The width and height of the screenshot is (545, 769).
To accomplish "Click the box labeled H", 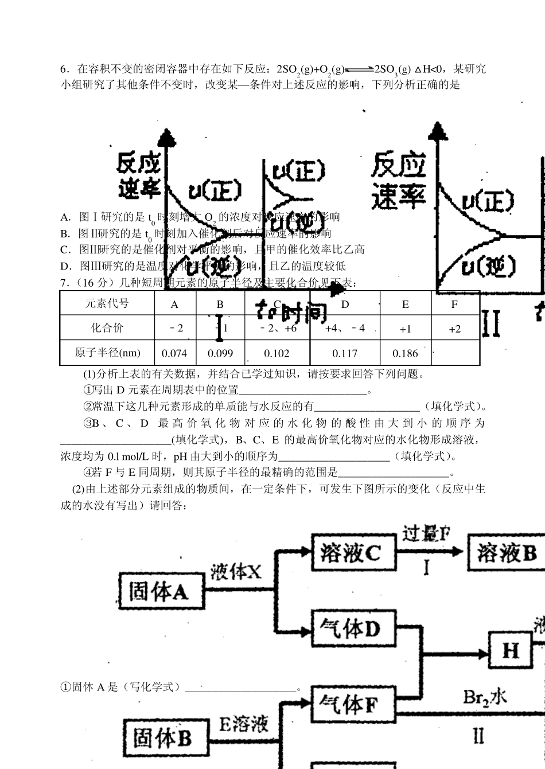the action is point(510,650).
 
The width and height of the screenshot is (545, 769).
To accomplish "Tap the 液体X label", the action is point(235,572).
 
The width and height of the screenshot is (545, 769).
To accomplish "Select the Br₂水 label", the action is point(485,696).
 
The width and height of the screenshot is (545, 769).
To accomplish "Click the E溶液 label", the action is point(244,724).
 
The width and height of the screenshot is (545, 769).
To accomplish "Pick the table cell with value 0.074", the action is point(174,353).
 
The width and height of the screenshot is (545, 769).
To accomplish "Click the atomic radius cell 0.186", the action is point(406,353).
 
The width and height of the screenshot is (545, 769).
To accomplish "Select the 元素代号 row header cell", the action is point(107,304).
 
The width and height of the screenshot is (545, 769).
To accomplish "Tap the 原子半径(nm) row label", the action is point(107,353).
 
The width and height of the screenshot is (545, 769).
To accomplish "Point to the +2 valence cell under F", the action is point(454,329).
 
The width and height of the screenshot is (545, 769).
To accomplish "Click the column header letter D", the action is point(345,305).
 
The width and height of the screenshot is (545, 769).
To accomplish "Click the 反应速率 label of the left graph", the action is point(139,175).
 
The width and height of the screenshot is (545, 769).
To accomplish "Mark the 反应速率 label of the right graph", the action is point(399,181).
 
